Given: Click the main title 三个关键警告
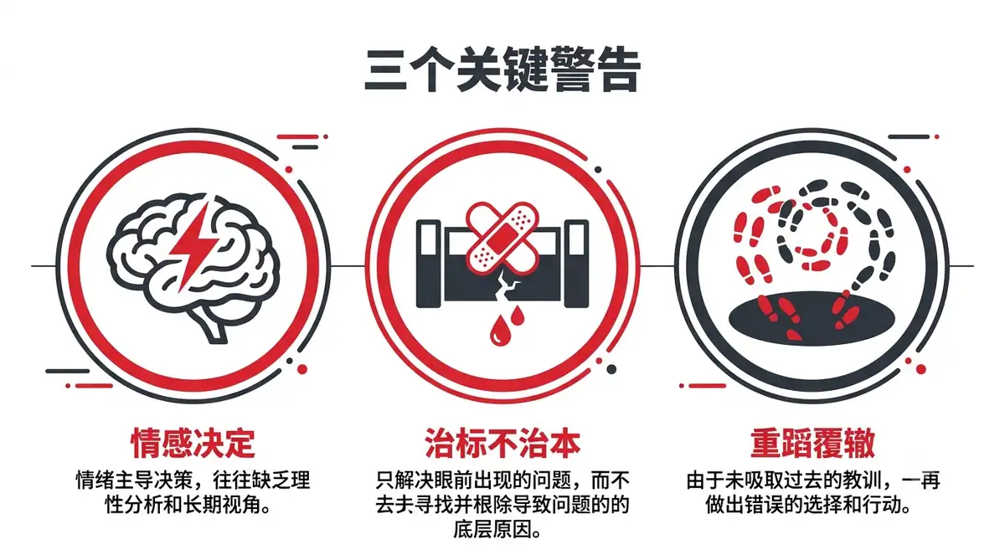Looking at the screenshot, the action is (502, 70).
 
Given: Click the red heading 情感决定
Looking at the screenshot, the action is (193, 443).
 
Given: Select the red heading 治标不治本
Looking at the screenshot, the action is (502, 443).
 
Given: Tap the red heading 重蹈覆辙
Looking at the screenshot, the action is (812, 443).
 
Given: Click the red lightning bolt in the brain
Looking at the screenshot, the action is (193, 247).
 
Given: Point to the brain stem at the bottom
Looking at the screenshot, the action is (212, 325).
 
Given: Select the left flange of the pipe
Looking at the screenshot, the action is (429, 264).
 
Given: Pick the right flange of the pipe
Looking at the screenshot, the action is (576, 264).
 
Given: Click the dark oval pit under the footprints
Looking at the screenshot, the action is (812, 319).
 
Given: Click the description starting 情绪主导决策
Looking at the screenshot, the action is (193, 492).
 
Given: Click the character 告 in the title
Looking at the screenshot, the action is (617, 70).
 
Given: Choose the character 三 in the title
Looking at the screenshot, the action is (386, 71).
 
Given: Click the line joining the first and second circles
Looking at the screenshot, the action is (348, 266).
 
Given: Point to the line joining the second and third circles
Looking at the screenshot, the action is (657, 266).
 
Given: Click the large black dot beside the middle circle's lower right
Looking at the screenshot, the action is (611, 369).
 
